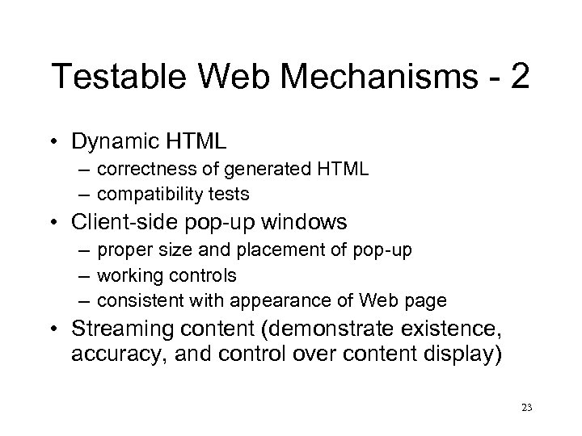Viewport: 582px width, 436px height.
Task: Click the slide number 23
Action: (528, 408)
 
